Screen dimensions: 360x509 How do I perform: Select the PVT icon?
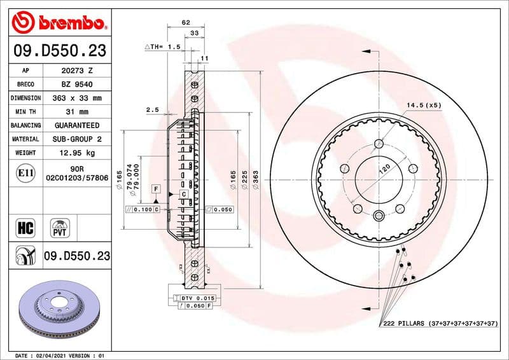(61, 227)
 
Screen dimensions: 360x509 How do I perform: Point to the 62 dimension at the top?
(186, 22)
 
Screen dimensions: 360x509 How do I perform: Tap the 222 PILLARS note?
(439, 324)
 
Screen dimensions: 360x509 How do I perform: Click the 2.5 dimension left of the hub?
(152, 110)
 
